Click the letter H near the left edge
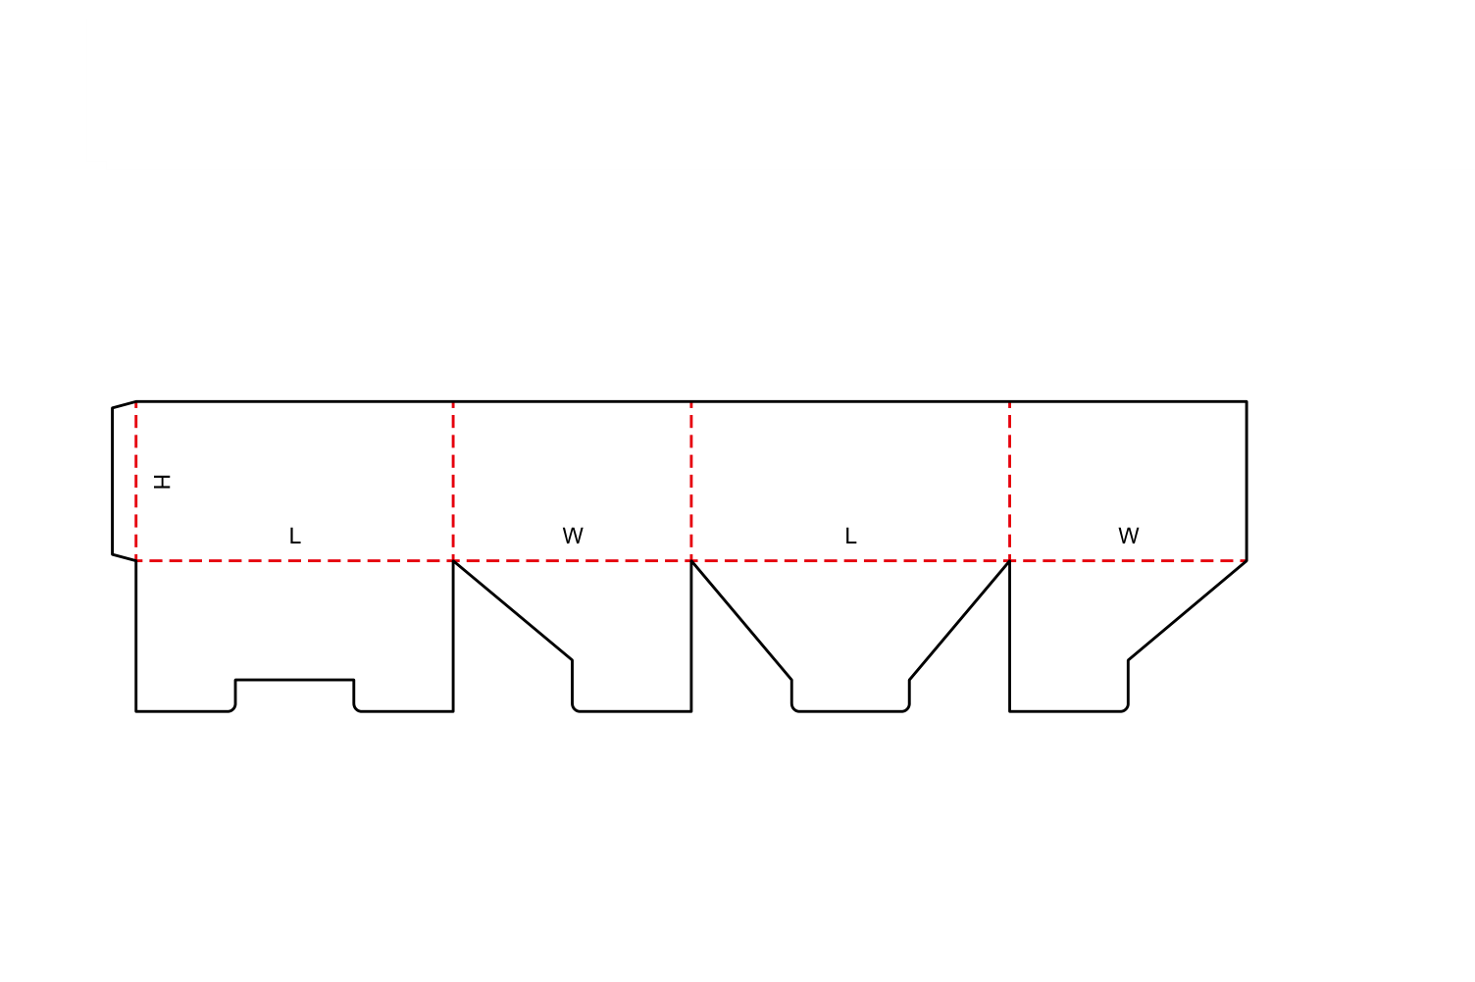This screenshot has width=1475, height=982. click(161, 482)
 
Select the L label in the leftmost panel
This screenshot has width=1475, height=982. click(295, 536)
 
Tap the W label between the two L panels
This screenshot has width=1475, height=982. click(573, 536)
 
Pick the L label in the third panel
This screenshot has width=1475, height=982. click(850, 536)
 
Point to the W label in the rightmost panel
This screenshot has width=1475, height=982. click(1129, 536)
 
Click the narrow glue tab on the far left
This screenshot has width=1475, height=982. click(124, 482)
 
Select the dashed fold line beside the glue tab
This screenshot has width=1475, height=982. click(136, 482)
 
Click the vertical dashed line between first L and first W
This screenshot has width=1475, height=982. click(453, 482)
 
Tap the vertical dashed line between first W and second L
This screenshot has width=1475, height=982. click(691, 482)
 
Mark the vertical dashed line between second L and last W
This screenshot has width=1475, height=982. click(1009, 482)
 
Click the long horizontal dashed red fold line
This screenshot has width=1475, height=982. click(691, 561)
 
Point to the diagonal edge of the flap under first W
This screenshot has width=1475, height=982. click(513, 610)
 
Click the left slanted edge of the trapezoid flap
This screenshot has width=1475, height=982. click(741, 620)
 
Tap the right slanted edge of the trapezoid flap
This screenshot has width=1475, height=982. click(959, 620)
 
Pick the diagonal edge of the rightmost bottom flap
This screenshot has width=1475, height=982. click(1188, 610)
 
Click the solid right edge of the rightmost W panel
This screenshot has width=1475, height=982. click(1246, 482)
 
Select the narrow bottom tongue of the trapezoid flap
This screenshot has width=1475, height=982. click(850, 696)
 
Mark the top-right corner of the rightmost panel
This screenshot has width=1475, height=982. click(1246, 401)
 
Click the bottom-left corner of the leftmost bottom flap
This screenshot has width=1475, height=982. click(136, 711)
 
